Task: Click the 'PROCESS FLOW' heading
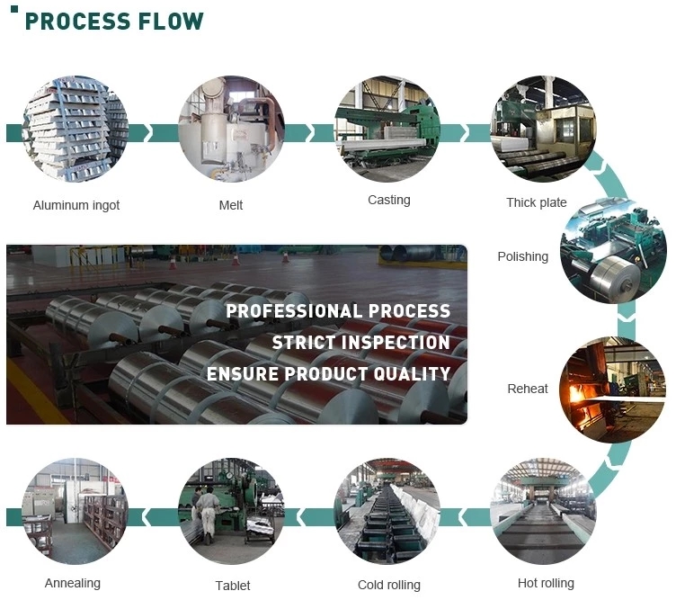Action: tap(114, 21)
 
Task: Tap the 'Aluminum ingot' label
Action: tap(76, 205)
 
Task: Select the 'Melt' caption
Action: tap(231, 205)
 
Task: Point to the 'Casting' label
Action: tap(389, 200)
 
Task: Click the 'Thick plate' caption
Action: tap(537, 202)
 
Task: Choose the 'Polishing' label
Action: tap(522, 256)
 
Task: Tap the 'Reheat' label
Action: tap(528, 389)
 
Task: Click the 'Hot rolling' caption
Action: tap(546, 583)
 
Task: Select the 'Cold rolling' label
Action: tap(389, 585)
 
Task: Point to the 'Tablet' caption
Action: tap(233, 586)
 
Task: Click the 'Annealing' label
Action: tap(73, 583)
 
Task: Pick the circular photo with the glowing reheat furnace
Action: tap(612, 389)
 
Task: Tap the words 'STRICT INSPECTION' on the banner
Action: tap(360, 343)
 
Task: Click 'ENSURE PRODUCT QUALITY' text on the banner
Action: tap(328, 373)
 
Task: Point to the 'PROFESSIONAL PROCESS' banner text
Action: tap(338, 311)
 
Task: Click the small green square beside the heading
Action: tap(14, 8)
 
